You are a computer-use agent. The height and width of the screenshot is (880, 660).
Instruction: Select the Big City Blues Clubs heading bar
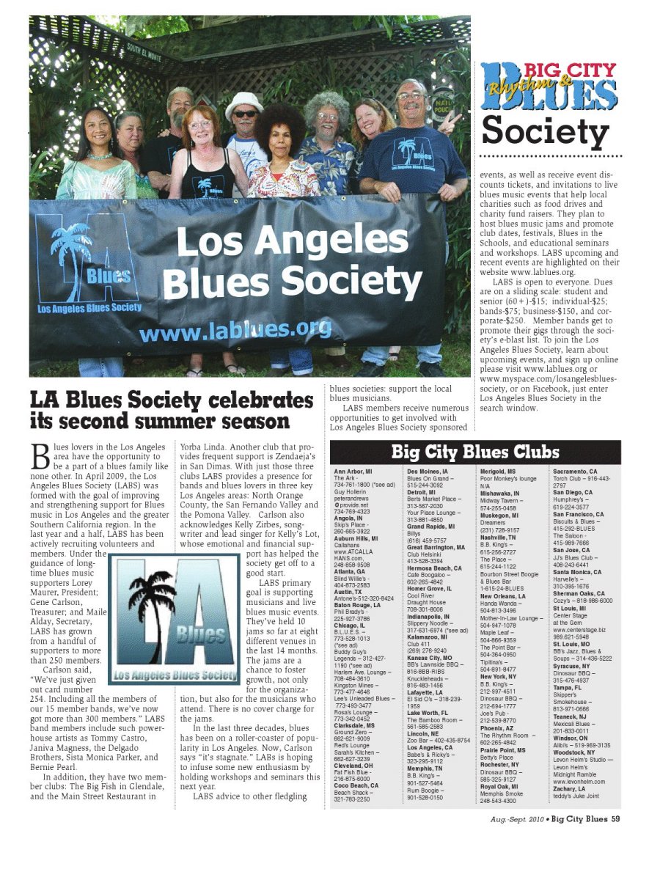click(x=475, y=450)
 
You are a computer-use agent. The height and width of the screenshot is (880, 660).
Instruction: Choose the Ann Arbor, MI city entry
click(x=353, y=472)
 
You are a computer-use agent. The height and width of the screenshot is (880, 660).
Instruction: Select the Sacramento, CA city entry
click(x=575, y=472)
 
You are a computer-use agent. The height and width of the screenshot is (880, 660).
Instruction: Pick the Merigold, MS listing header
click(x=498, y=472)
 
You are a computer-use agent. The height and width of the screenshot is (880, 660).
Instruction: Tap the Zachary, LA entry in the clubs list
click(x=569, y=789)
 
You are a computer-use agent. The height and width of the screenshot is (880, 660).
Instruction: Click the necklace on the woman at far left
click(x=100, y=155)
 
